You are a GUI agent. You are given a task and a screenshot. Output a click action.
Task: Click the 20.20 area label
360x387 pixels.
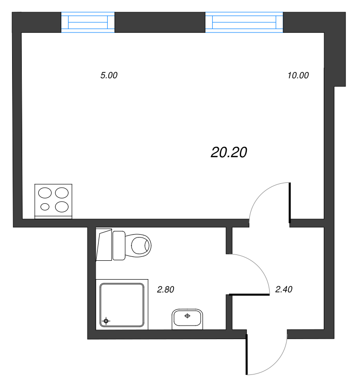(x=229, y=152)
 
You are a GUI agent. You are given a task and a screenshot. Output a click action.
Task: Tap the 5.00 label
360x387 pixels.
(x=109, y=75)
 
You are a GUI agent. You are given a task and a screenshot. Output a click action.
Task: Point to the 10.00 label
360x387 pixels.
(x=298, y=75)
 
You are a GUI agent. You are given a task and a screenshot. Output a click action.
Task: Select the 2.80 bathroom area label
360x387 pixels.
(x=165, y=289)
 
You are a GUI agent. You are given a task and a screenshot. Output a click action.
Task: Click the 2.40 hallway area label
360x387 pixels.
(x=284, y=289)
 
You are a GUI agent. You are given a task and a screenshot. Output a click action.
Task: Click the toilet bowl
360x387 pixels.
(x=138, y=246)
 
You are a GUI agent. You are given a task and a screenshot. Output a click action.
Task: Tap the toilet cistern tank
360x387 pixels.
(x=119, y=245)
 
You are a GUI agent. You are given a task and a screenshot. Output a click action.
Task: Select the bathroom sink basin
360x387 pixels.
(x=187, y=319)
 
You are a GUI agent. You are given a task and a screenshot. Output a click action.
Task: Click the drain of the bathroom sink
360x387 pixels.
(x=187, y=316)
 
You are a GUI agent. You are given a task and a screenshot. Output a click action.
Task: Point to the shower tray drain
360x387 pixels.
(x=106, y=321)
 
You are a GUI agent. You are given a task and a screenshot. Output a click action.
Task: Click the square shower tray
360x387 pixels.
(x=122, y=305)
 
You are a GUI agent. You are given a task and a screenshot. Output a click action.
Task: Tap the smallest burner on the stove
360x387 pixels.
(x=45, y=207)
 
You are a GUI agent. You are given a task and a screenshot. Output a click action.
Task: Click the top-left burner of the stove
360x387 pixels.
(x=45, y=193)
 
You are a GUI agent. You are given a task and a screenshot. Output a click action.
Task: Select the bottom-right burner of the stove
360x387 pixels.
(x=62, y=207)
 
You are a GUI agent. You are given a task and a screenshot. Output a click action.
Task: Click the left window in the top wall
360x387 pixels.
(x=88, y=22)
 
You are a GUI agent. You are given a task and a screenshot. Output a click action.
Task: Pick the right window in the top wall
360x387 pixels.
(x=244, y=22)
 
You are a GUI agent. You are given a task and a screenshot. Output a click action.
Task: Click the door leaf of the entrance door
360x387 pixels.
(x=246, y=354)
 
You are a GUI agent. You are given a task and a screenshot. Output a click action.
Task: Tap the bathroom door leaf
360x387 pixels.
(x=249, y=295)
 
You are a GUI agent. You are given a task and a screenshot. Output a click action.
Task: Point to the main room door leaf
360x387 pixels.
(x=290, y=203)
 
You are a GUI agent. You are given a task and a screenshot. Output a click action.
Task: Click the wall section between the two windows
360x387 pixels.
(x=160, y=22)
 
